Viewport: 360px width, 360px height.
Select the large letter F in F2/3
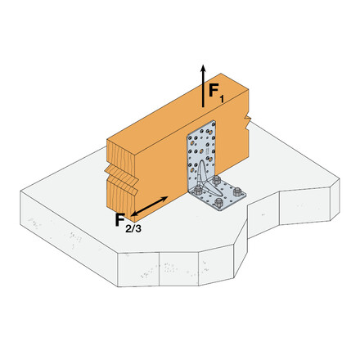119,219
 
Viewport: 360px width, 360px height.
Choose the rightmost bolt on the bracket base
240,194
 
